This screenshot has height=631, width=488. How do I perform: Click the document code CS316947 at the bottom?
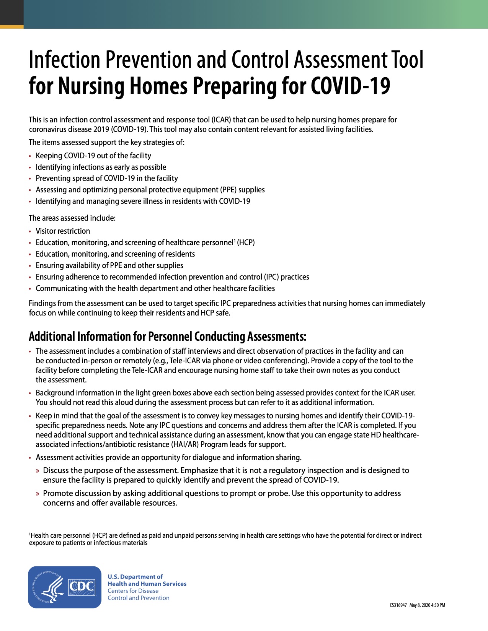pos(398,605)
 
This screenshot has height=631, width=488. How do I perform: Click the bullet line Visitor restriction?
pos(63,231)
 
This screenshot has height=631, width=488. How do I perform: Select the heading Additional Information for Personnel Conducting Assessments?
pos(167,337)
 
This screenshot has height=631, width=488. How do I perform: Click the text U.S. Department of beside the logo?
pos(135,577)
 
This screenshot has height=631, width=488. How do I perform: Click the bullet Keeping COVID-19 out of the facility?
pos(93,156)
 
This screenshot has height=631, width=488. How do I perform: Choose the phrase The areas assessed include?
pos(72,218)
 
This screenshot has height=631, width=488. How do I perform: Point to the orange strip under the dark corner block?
pos(11,27)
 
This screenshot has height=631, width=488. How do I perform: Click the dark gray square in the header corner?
pos(11,12)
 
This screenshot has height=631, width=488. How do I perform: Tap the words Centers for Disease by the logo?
pos(133,591)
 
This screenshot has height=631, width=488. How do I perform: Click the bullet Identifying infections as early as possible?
pos(101,167)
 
